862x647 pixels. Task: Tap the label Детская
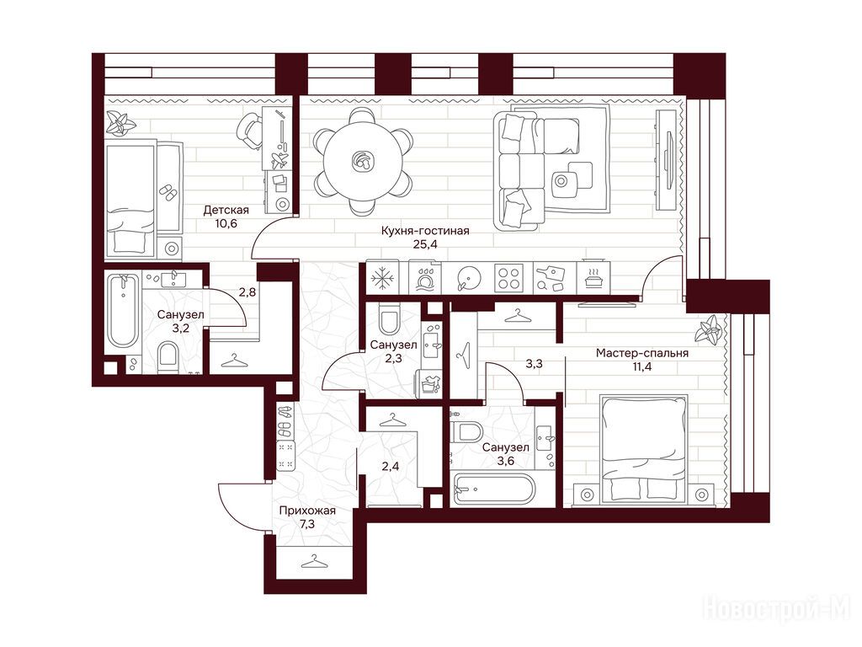coord(226,210)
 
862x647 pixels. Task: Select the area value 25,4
coord(425,244)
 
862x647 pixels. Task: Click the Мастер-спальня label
coord(642,353)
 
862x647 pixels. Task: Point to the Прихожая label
coord(307,511)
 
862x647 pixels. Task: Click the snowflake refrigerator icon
coord(380,278)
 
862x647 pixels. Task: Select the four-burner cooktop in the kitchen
coord(508,278)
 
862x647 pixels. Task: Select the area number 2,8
coord(247,292)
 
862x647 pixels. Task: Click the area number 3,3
coord(535,364)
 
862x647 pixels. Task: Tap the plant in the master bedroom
coord(707,330)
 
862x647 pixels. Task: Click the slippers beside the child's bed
coord(168,193)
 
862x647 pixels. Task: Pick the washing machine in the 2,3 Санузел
coord(430,384)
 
